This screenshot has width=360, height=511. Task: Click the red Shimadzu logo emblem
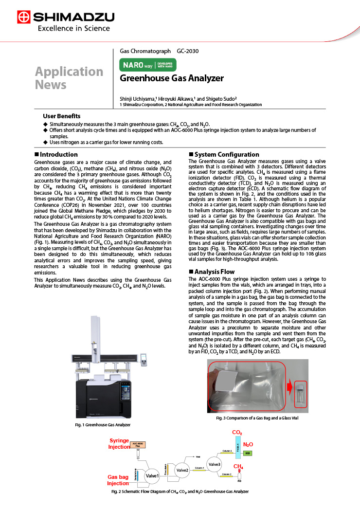tap(23, 18)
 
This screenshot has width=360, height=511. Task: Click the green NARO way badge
tap(148, 65)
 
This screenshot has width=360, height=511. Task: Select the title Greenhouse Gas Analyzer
tap(172, 78)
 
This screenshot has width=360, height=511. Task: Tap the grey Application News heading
tap(69, 78)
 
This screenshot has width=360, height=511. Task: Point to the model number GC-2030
tap(188, 51)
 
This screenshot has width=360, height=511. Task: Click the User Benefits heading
tap(61, 116)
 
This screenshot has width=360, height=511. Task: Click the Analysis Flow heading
tap(214, 272)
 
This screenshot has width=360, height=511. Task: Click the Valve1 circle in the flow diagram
tap(152, 475)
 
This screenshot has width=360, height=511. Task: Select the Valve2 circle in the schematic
tap(182, 469)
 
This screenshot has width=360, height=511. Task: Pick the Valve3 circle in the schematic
tap(214, 464)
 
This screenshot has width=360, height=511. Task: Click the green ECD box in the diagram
tap(248, 453)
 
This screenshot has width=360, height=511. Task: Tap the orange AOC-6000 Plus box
tap(138, 444)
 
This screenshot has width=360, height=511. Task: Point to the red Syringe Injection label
tap(119, 444)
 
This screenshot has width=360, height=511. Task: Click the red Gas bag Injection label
tap(118, 480)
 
